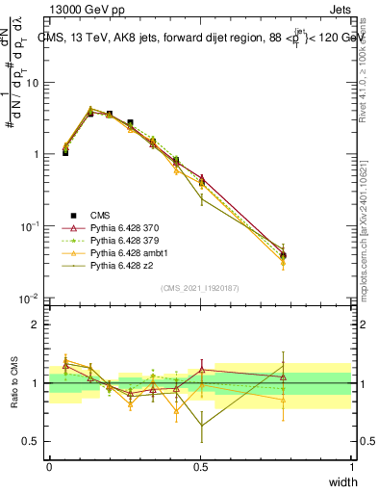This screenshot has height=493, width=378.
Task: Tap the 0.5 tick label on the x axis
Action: (200, 467)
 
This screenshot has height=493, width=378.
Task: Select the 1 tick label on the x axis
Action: (351, 467)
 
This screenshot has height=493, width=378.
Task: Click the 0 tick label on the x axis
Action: (49, 467)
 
